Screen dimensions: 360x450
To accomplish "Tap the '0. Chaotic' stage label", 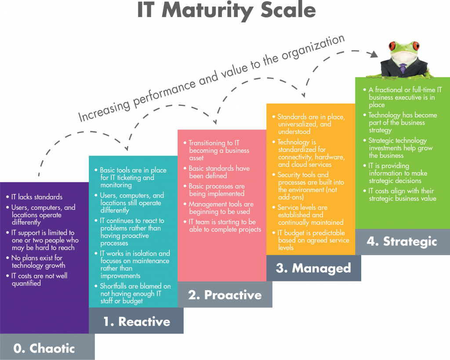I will coord(44,349).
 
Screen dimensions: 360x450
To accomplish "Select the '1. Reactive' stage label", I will coord(137,321).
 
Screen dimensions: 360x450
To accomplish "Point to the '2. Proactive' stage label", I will coord(225,295).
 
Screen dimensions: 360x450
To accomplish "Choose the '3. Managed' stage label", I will coord(313,268).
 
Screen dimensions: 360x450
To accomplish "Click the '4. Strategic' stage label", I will coord(402,241).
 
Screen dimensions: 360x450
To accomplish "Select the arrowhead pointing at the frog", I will coord(373,55).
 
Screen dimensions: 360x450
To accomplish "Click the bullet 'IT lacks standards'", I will coord(37,197).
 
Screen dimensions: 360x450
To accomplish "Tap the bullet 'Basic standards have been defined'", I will coord(219,172).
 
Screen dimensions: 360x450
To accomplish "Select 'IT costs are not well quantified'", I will coord(40,280).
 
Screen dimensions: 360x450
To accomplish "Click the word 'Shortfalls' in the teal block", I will coord(115,286).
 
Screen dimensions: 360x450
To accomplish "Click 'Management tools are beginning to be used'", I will coord(221,208).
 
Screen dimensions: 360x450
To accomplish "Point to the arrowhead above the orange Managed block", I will coord(303,95).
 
